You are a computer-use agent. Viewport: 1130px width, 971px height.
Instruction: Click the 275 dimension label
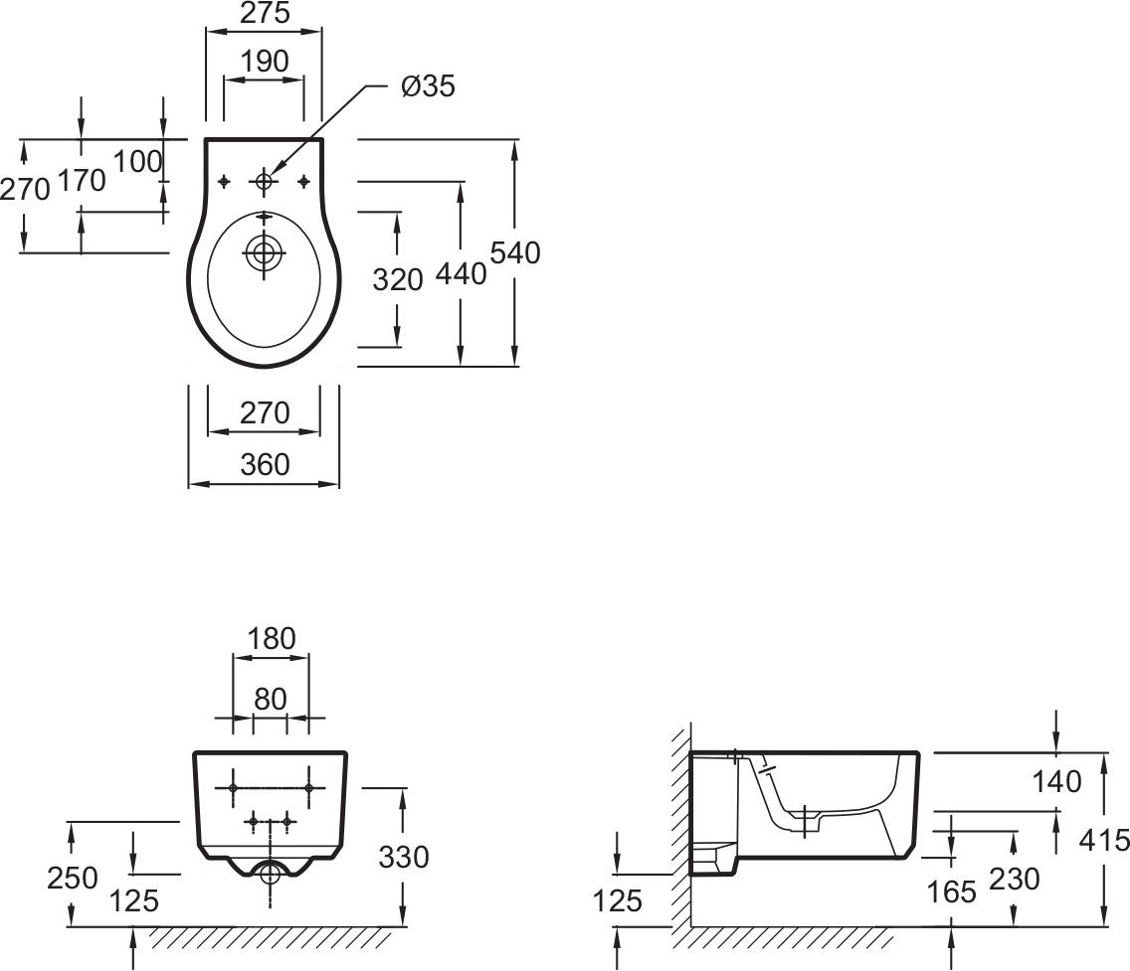[265, 12]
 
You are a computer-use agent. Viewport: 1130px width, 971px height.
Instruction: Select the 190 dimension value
[265, 62]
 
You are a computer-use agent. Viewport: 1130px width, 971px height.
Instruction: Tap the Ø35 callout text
[428, 86]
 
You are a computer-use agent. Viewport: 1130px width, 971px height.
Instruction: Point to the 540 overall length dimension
[514, 252]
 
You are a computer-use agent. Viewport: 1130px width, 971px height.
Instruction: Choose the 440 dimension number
[462, 274]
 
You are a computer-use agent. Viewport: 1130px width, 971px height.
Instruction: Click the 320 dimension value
[397, 279]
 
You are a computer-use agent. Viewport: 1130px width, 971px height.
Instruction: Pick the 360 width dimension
[265, 464]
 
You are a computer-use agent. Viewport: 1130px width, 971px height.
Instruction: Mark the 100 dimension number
[137, 162]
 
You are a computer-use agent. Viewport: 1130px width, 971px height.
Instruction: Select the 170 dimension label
[82, 180]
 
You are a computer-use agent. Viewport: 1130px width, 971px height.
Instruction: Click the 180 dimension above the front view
[271, 638]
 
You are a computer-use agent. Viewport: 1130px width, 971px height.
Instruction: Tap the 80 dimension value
[271, 699]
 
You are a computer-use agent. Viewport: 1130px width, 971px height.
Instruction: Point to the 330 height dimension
[404, 857]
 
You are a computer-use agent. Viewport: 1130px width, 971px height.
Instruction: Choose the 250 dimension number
[72, 878]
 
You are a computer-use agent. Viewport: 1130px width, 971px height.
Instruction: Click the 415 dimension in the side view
[1105, 839]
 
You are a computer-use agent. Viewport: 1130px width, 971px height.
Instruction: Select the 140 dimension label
[1056, 782]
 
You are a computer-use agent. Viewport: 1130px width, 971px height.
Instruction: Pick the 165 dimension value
[951, 892]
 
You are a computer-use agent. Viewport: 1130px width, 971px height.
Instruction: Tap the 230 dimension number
[1015, 879]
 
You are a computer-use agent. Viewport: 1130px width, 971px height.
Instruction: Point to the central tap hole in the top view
[265, 181]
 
